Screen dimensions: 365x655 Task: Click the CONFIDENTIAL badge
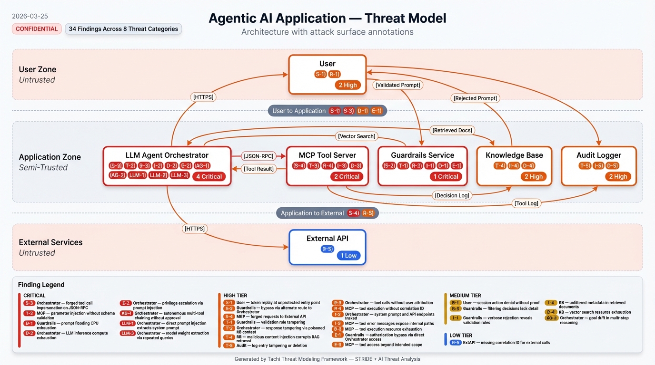37,29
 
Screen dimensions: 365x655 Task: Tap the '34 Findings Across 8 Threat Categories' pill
123,29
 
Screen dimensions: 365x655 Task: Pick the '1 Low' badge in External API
348,256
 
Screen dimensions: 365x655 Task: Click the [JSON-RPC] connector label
258,155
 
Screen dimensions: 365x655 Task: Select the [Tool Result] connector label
258,169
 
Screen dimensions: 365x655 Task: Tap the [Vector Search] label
357,136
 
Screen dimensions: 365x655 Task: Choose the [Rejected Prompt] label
475,98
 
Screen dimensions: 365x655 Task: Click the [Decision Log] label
452,195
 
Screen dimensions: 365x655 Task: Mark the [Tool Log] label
526,203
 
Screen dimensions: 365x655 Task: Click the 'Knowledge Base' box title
514,155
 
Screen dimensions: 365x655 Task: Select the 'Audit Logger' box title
599,155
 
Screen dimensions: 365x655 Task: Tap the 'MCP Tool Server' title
327,155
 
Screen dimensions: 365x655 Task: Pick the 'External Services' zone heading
50,242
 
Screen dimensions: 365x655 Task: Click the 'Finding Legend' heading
41,285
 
